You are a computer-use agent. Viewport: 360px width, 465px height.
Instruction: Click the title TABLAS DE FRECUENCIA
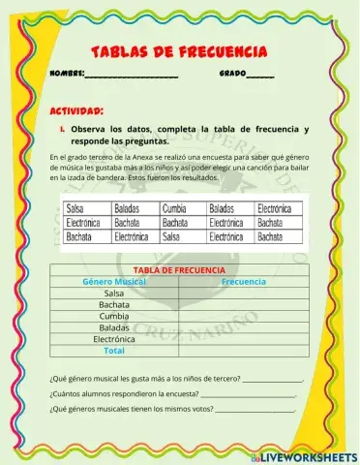179,50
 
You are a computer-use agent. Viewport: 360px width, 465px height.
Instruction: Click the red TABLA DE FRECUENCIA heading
180,269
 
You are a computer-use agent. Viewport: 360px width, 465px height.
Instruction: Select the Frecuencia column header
244,281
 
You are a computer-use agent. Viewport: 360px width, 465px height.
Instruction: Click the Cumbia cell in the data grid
174,208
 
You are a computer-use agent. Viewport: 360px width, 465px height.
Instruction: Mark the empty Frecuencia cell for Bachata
244,304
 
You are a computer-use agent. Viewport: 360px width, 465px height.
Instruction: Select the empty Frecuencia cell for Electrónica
244,339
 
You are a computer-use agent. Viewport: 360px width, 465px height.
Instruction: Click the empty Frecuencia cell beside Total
244,351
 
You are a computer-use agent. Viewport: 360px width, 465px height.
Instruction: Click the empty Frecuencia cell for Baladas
244,327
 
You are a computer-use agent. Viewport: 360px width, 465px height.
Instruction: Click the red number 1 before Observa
62,129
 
